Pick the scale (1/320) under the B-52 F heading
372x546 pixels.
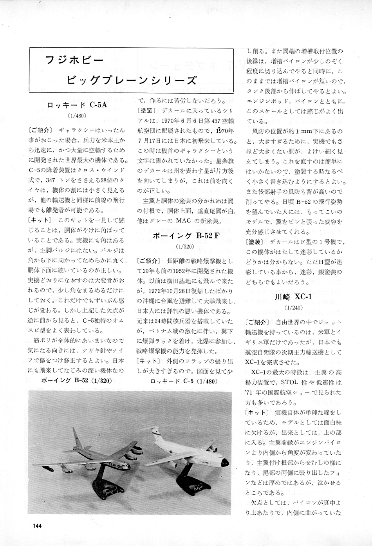(x=183, y=246)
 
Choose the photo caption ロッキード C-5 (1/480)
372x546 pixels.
(x=183, y=380)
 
